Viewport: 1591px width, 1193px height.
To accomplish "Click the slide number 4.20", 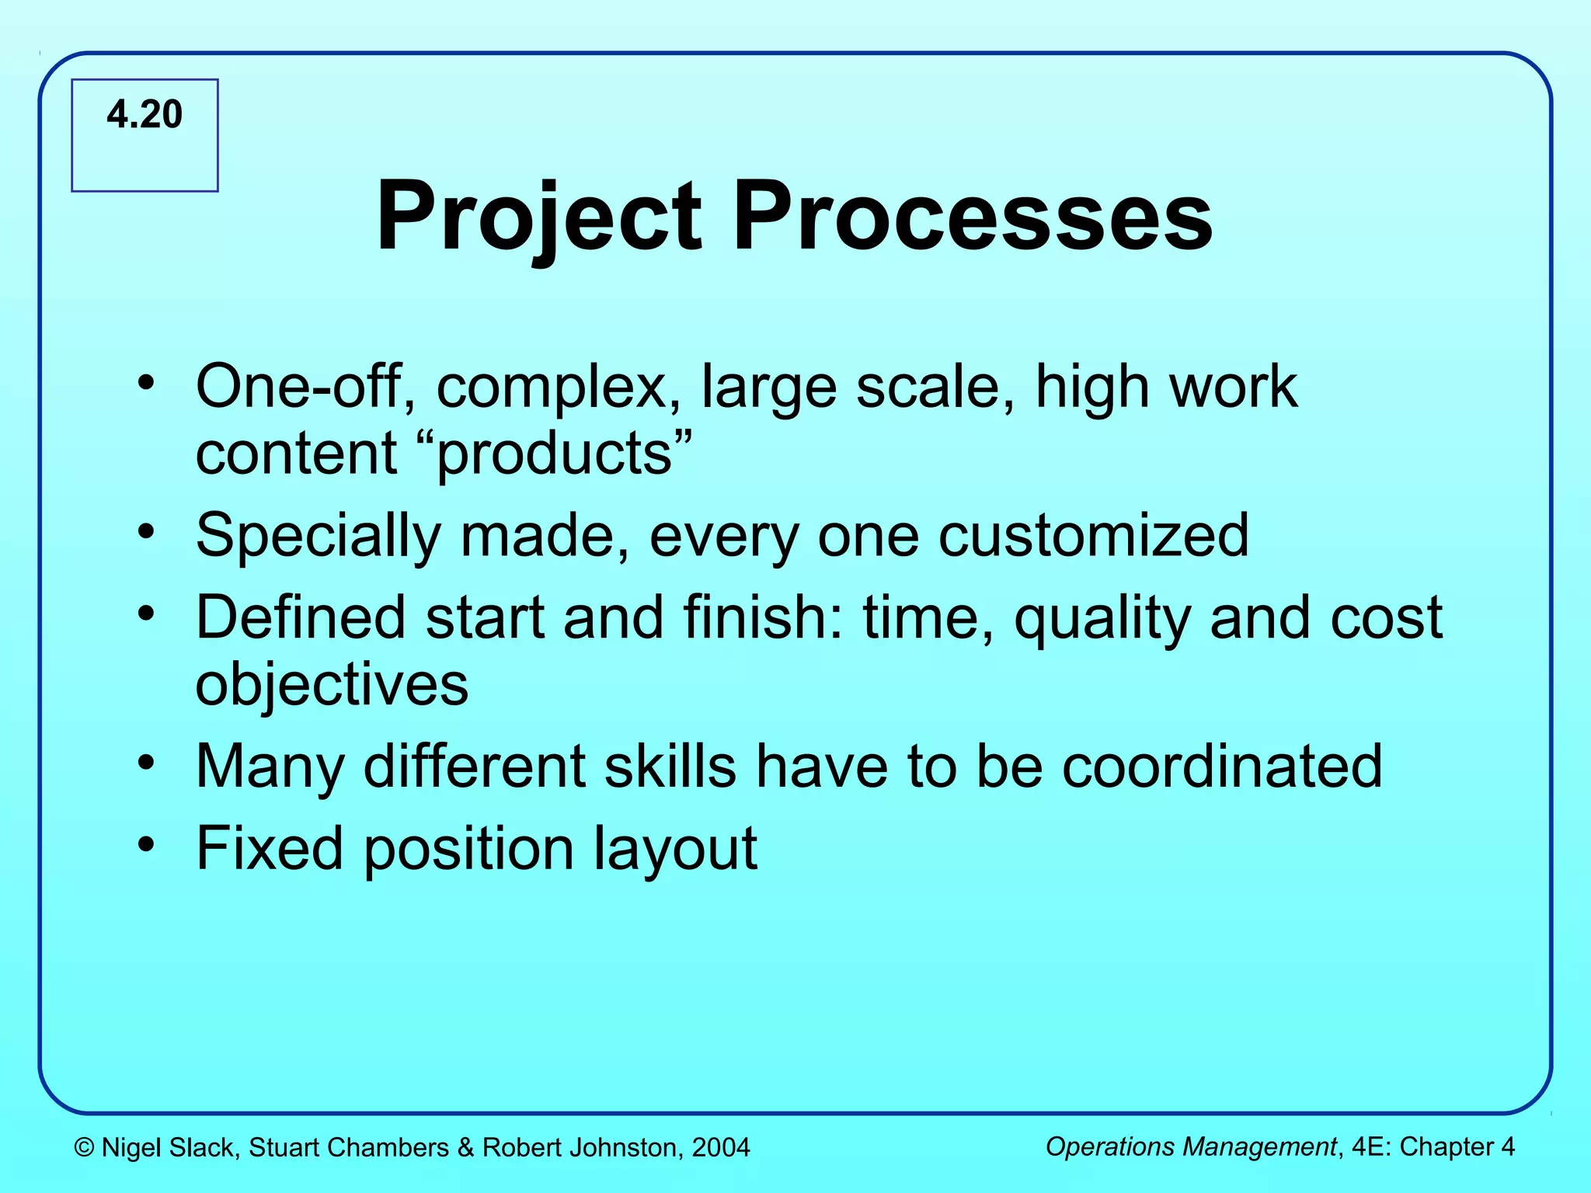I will coord(144,115).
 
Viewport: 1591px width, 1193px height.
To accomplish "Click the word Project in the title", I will coord(539,217).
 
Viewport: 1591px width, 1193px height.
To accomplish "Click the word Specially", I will coord(319,536).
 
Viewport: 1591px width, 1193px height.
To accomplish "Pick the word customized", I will coord(1093,536).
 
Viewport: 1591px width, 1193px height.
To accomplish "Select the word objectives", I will coord(332,685).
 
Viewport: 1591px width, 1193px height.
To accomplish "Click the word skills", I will coord(670,767).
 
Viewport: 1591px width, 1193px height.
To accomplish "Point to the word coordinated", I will coord(1222,767).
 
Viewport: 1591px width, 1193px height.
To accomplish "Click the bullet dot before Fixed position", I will coord(145,844).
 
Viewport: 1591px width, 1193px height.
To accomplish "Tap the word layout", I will coord(675,849).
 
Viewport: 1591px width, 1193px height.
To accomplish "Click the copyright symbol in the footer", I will coord(84,1148).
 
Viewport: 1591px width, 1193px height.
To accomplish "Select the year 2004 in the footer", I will coord(721,1148).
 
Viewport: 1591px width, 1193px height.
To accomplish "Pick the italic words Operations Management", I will coord(1190,1147).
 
